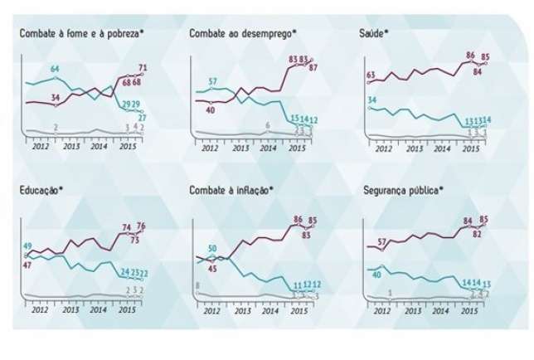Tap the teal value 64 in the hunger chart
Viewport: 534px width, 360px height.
coord(56,68)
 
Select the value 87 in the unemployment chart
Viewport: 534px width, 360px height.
coord(313,67)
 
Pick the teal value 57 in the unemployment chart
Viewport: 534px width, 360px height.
coord(213,81)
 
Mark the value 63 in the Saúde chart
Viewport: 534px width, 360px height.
coord(371,75)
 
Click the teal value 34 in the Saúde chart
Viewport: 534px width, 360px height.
coord(371,100)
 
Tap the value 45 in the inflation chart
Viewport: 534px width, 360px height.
coord(212,268)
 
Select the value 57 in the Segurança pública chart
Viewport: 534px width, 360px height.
coord(383,241)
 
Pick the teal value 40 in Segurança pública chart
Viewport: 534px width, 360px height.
coord(376,273)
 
